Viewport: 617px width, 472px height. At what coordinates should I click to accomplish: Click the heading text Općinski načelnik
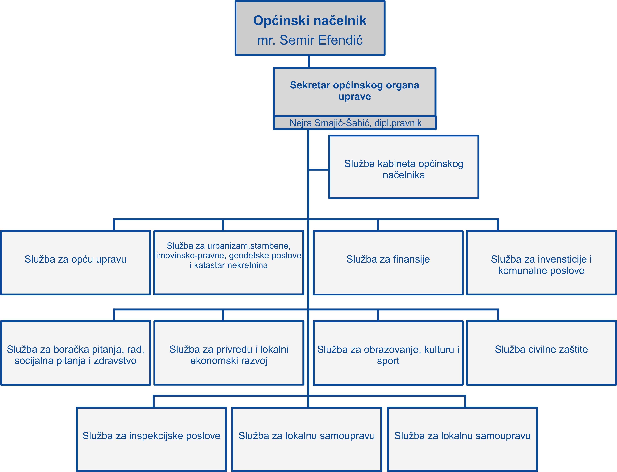[x=310, y=21]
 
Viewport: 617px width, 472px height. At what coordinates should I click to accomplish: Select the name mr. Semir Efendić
[x=310, y=40]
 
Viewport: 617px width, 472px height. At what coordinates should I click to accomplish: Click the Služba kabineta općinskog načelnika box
[x=404, y=167]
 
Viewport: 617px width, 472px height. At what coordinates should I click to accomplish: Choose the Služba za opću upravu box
[x=76, y=263]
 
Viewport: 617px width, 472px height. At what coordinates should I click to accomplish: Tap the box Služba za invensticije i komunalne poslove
[x=541, y=263]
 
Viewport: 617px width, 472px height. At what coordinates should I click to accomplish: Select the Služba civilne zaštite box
[x=541, y=353]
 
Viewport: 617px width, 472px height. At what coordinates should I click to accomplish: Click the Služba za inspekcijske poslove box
[x=151, y=439]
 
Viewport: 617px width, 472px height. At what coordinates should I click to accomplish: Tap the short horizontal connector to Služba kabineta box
[x=319, y=169]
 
